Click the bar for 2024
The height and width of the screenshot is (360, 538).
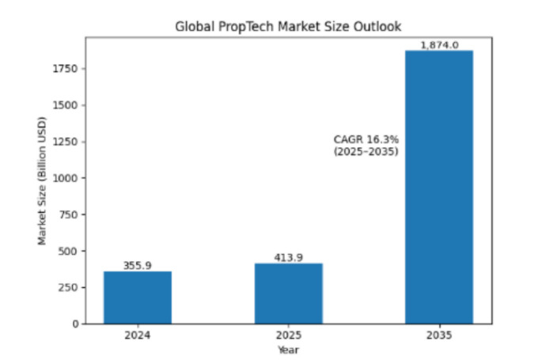coord(138,297)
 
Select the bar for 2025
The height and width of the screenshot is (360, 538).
coord(288,293)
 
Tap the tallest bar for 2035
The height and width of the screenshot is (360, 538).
coord(439,187)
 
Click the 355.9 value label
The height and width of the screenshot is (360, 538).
coord(138,266)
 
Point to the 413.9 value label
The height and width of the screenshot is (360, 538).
coord(288,258)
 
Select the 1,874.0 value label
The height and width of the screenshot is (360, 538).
coord(439,45)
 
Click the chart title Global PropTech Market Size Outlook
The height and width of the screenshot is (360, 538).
coord(288,27)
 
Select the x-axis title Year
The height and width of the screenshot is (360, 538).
coord(288,349)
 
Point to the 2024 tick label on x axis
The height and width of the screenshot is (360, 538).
coord(138,335)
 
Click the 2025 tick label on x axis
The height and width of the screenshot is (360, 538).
coord(288,335)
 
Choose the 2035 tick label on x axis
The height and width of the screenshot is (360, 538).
coord(439,335)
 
